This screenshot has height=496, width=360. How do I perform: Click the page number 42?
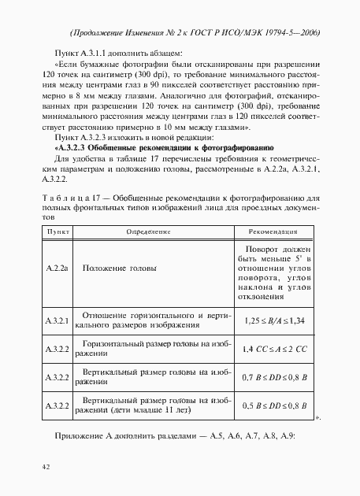46,467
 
